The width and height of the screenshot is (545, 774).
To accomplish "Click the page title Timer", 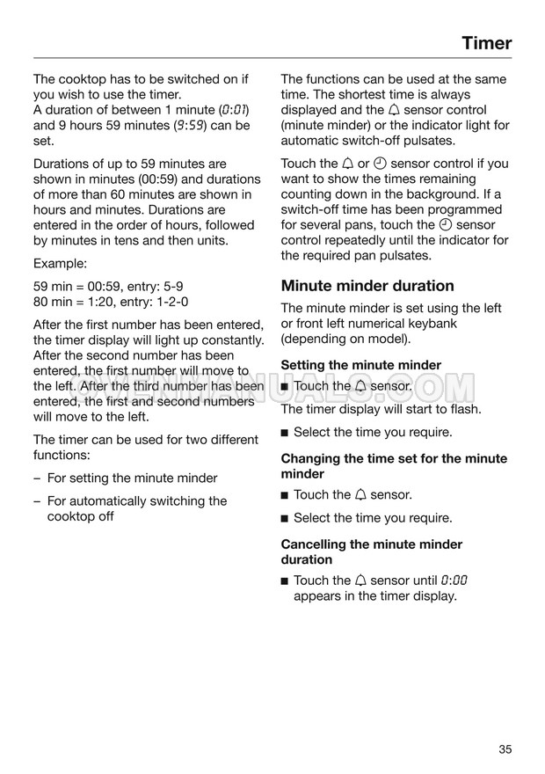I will click(486, 42).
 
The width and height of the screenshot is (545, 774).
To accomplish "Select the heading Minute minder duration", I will click(367, 285).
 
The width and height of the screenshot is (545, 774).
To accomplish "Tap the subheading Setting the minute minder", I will click(360, 364).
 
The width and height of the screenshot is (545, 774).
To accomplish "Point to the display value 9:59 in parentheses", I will click(191, 126).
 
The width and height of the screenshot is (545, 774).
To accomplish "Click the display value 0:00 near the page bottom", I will click(454, 580).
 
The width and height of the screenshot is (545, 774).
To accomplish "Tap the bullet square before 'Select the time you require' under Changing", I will click(285, 518).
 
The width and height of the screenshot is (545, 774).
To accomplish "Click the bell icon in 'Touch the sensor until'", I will click(360, 580).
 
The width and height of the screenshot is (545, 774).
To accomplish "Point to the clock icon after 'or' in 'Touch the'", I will click(380, 164).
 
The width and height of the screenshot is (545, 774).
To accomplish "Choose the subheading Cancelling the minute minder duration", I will click(371, 551).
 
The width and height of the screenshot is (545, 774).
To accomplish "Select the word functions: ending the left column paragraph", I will click(63, 456).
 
